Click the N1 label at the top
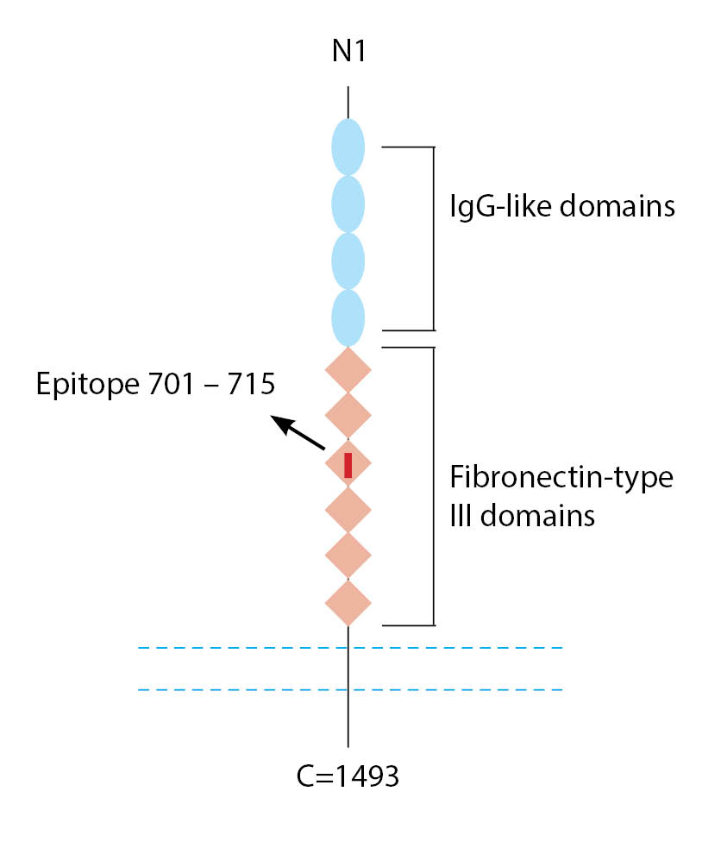tap(348, 52)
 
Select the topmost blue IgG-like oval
tap(348, 148)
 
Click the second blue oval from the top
tap(348, 204)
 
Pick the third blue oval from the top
tap(348, 260)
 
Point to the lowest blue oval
tap(348, 316)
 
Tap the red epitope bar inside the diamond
tap(348, 464)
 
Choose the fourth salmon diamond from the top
tap(348, 510)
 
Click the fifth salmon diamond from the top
tap(348, 556)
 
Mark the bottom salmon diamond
tap(348, 602)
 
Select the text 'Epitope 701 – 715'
tap(155, 383)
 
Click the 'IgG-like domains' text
tap(561, 207)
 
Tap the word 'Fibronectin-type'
tap(561, 478)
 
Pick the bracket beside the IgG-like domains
tap(432, 238)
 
